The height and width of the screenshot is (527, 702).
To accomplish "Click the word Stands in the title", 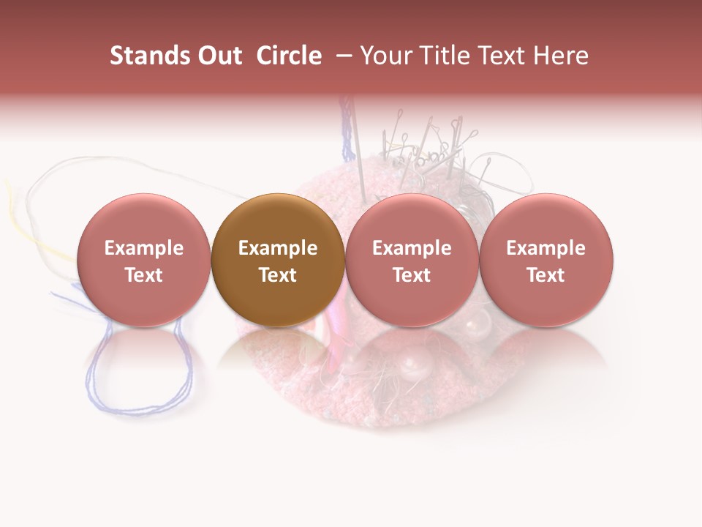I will [x=146, y=56].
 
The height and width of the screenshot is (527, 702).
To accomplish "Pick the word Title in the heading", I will [x=443, y=56].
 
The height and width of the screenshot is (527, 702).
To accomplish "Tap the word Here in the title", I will [x=562, y=56].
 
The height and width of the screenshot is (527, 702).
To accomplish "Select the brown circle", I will [x=278, y=260].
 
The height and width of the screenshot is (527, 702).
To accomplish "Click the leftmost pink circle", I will [x=143, y=260].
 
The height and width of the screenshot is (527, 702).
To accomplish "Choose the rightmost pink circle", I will [x=546, y=260].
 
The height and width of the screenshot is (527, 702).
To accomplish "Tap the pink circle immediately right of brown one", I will [x=412, y=260].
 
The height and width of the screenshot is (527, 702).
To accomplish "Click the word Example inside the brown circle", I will [x=278, y=248].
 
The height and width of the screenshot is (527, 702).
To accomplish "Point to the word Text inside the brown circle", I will [x=278, y=275].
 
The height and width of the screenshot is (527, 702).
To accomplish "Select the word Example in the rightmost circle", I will [x=546, y=248].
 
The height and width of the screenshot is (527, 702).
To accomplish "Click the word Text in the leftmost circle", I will [x=143, y=275].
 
